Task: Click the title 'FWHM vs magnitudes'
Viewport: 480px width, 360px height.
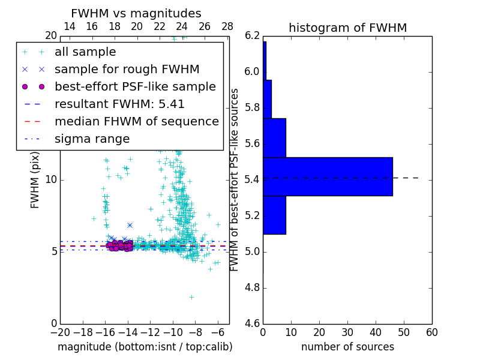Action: tap(136, 13)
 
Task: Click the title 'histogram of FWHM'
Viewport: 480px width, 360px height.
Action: tap(347, 28)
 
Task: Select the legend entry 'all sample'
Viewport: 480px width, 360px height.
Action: tap(85, 52)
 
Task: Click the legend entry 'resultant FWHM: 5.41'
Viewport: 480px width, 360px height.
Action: tap(119, 104)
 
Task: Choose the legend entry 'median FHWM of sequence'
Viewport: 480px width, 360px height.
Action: tap(136, 121)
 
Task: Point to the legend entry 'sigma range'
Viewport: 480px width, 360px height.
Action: tap(92, 139)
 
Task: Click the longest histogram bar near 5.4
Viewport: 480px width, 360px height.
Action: tap(328, 176)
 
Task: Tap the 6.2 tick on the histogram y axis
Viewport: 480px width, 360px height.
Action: tap(252, 35)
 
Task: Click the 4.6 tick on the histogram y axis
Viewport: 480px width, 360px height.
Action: tap(252, 323)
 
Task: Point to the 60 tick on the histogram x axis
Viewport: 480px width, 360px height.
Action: tap(431, 332)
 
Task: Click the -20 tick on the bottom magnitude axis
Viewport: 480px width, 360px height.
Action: tap(60, 332)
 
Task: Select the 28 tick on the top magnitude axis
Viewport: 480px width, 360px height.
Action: tap(227, 27)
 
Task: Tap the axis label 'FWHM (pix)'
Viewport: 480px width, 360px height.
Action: tap(35, 179)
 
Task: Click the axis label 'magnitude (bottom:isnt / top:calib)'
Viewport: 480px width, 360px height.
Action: tap(145, 347)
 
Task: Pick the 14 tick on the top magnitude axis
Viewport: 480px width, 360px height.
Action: tap(69, 27)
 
